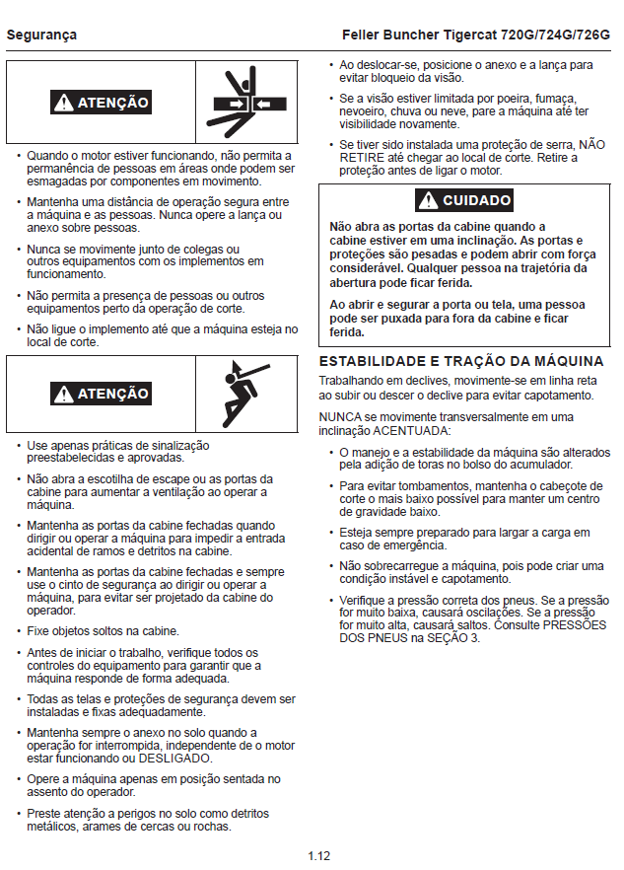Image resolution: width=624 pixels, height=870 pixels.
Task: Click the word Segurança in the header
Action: (x=41, y=35)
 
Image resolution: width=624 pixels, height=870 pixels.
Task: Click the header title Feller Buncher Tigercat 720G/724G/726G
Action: (x=475, y=35)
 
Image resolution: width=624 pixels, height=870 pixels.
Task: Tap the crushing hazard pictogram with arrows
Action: (x=246, y=102)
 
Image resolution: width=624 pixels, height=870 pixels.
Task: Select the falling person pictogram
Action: (x=246, y=394)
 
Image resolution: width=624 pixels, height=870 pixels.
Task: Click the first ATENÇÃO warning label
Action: (x=102, y=103)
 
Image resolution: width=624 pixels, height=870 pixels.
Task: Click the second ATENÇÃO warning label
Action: (x=102, y=395)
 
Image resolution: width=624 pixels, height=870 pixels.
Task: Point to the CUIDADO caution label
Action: (x=464, y=201)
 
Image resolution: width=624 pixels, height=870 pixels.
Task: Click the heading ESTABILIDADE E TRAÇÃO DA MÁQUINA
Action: (x=461, y=361)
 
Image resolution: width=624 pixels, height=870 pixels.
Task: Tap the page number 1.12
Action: (x=317, y=855)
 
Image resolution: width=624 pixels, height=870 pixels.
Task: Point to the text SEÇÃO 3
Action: (x=455, y=638)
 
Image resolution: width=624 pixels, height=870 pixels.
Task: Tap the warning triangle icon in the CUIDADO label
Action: (x=428, y=201)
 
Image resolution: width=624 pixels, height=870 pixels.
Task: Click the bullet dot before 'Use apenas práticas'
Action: (x=19, y=445)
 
